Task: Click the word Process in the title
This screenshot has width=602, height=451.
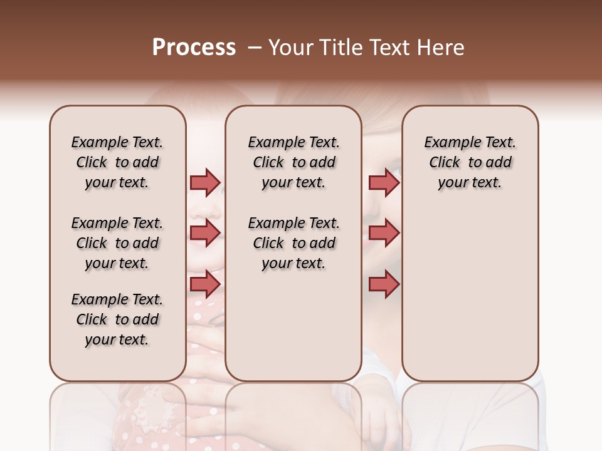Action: [194, 47]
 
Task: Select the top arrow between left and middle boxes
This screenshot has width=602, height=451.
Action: [204, 182]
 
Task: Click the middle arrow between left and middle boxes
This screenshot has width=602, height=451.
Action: [204, 233]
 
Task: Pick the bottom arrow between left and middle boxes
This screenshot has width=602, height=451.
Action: [204, 284]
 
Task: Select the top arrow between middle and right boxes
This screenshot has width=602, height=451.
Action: [384, 182]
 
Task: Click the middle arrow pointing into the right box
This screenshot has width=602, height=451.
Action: [384, 233]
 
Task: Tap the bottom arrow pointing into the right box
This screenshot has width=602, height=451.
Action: [384, 284]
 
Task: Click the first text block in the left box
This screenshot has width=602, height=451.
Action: [117, 162]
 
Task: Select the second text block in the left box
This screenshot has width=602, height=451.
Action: [117, 243]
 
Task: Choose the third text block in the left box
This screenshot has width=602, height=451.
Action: [117, 319]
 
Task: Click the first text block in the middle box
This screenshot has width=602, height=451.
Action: [294, 162]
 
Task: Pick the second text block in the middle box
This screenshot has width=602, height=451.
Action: [294, 243]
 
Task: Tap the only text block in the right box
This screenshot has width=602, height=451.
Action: [470, 162]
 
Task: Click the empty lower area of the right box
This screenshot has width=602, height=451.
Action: [470, 294]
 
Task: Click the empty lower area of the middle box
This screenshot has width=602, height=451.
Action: [294, 326]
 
